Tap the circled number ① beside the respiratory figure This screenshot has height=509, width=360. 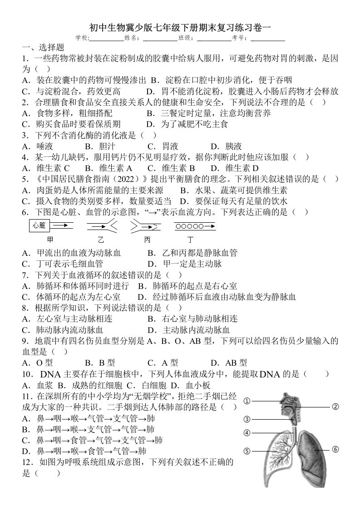tap(247, 401)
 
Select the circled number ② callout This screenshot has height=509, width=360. tap(335, 406)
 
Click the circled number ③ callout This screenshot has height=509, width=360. tap(247, 419)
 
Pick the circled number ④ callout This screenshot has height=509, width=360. tap(247, 433)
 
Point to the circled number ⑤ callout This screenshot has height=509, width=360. tap(247, 451)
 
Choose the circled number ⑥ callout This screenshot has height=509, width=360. tap(335, 450)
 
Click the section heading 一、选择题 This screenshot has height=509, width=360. tap(43, 47)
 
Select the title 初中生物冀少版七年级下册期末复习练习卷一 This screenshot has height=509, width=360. tap(180, 28)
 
